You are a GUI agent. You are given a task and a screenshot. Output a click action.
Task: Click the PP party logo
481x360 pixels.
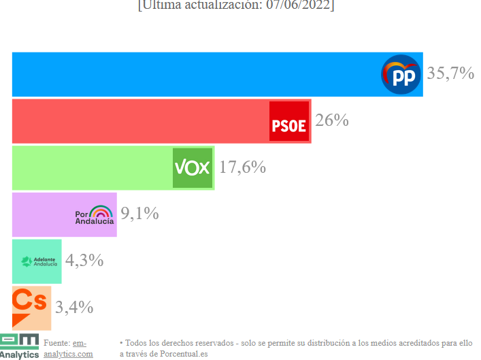(x=401, y=74)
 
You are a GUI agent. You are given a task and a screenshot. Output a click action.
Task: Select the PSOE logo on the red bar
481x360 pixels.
(x=289, y=121)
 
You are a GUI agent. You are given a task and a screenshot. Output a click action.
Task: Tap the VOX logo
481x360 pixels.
(x=193, y=167)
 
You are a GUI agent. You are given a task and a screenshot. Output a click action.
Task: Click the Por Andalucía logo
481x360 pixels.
(x=94, y=214)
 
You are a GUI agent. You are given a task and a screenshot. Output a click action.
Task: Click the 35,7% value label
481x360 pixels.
(x=450, y=73)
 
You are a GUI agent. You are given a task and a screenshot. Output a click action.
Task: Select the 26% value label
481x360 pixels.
(x=332, y=120)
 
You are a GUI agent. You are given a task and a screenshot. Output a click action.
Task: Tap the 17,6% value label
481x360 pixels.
(x=242, y=167)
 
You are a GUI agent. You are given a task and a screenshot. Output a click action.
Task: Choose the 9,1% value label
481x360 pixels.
(x=139, y=214)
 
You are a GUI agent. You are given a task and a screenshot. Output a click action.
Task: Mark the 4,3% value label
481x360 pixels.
(x=84, y=260)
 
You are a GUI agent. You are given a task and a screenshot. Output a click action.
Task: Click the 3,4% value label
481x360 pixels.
(x=74, y=307)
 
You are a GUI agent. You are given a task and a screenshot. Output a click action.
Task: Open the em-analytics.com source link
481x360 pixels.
(x=68, y=348)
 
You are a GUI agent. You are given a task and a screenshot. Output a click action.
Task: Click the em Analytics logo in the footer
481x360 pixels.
(x=19, y=346)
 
